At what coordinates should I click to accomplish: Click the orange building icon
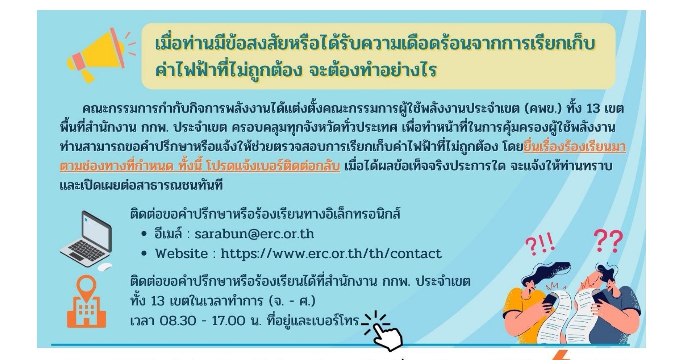[x=87, y=311]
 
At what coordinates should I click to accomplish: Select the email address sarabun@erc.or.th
[x=254, y=234]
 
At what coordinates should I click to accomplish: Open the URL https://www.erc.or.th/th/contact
[x=331, y=254]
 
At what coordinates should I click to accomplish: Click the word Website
[x=181, y=254]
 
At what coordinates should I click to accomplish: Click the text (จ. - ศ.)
[x=292, y=301]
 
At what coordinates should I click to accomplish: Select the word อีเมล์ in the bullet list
[x=168, y=233]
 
